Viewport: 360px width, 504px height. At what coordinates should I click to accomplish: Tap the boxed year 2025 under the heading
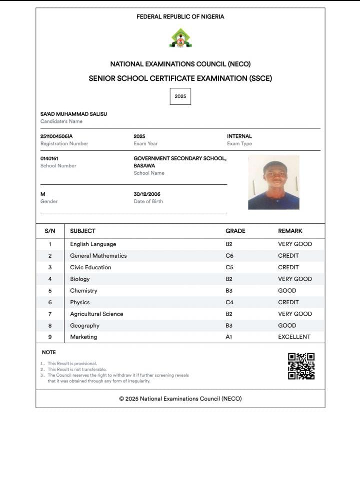click(180, 96)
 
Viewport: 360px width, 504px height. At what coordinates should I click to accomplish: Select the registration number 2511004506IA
click(56, 136)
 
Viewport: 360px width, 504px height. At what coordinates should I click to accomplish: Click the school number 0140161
click(49, 158)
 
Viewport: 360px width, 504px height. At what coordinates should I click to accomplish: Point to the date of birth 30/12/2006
click(147, 194)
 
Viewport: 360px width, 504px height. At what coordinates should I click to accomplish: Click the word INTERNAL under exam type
click(239, 136)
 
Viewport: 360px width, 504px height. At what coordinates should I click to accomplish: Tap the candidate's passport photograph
click(273, 182)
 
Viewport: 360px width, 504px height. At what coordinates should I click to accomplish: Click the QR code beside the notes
click(301, 366)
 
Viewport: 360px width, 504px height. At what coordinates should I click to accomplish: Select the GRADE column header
click(235, 231)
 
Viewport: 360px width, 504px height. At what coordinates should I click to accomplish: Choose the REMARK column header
click(290, 231)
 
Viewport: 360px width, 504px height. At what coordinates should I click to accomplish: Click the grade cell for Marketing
click(229, 337)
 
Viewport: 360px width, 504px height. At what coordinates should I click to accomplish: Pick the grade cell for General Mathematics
click(229, 256)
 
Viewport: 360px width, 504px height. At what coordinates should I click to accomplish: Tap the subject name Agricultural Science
click(96, 314)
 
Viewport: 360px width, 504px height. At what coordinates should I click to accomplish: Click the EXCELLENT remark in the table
click(294, 337)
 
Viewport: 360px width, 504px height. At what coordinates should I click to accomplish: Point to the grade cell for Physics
click(229, 302)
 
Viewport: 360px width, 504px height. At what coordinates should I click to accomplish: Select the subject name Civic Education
click(90, 267)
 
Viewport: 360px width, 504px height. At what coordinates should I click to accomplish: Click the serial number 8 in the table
click(50, 326)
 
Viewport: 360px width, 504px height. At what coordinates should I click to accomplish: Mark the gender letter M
click(43, 194)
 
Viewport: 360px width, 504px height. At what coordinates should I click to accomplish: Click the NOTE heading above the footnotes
click(49, 353)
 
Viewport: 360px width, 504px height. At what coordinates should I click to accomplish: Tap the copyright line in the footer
click(180, 399)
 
